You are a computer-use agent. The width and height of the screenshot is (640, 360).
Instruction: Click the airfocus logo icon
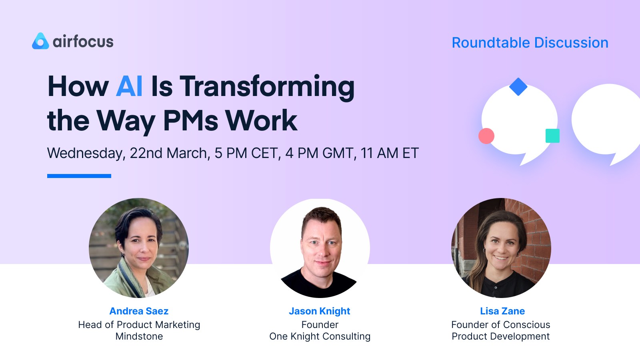point(40,41)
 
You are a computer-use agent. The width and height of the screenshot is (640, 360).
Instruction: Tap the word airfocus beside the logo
point(83,42)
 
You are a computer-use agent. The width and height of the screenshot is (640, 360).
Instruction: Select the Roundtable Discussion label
point(530,43)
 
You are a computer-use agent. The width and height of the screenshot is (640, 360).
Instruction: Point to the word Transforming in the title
point(267,87)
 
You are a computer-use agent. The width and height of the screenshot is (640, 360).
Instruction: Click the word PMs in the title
point(190,120)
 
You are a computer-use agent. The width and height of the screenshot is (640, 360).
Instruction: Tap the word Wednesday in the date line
point(86,153)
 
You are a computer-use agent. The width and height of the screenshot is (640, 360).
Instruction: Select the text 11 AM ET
point(390,153)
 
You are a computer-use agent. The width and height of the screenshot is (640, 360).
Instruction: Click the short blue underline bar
point(79,176)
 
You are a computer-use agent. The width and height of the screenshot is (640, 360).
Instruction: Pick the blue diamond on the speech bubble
point(518,87)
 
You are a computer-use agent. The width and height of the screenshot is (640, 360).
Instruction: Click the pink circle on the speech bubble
point(486,136)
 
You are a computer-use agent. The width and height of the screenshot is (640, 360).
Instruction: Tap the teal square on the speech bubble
point(552,136)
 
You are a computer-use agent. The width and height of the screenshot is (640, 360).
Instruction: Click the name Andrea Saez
point(139,311)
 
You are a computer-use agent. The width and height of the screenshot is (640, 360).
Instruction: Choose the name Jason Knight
point(320,311)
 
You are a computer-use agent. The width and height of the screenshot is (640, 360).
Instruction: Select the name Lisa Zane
point(502,311)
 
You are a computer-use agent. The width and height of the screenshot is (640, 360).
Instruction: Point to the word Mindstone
point(139,336)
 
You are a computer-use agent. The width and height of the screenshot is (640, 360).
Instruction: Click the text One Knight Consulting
point(320,336)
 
